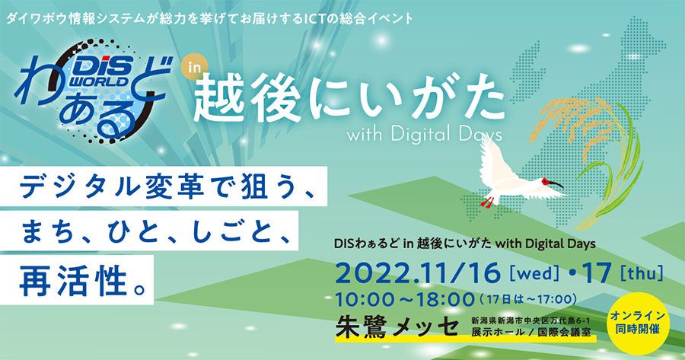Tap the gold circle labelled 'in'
click(x=193, y=68)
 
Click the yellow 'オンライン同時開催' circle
click(x=637, y=323)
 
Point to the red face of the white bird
click(x=546, y=181)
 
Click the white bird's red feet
click(x=487, y=202)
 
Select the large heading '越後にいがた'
click(x=349, y=101)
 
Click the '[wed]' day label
click(x=534, y=273)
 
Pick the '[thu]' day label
click(x=642, y=273)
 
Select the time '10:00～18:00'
click(x=405, y=299)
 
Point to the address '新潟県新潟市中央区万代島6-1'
click(x=530, y=321)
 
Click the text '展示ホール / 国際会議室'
click(x=530, y=333)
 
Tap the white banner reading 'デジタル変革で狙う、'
click(x=164, y=186)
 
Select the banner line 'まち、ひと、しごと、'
click(x=149, y=231)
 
